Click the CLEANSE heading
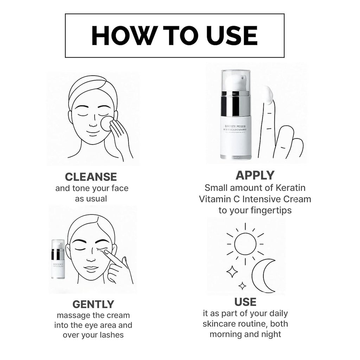[x=91, y=176]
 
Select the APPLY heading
[x=255, y=175]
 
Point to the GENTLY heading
[x=93, y=304]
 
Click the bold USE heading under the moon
[x=245, y=302]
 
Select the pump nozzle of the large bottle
[x=236, y=82]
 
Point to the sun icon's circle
[x=245, y=244]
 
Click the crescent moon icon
[x=262, y=276]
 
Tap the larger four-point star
[x=232, y=271]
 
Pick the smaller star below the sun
[x=242, y=285]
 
